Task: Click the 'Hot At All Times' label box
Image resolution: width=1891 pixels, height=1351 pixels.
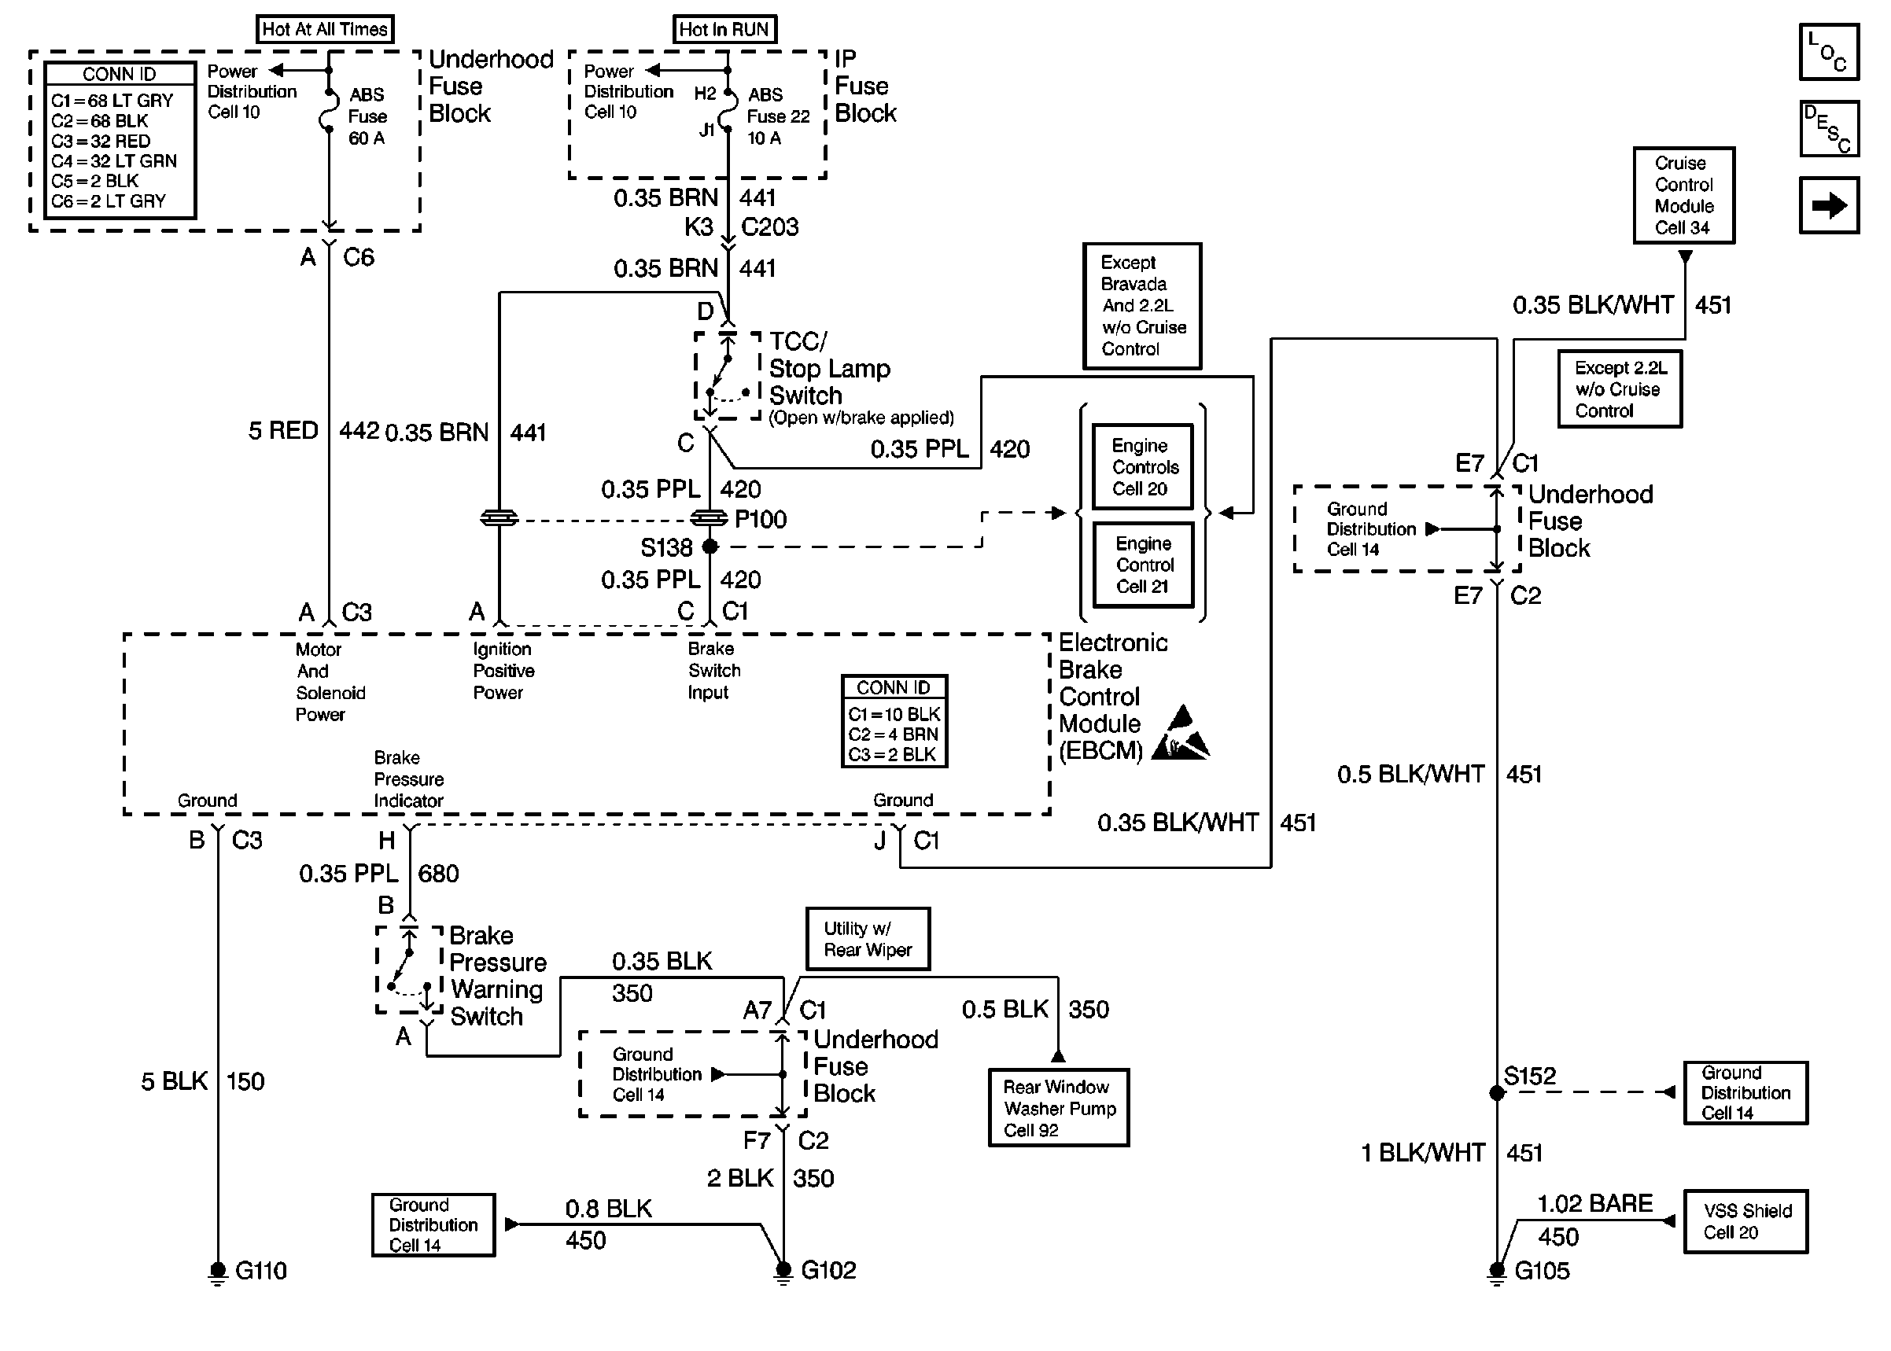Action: coord(324,29)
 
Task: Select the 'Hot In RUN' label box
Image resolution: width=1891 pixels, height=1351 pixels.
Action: coord(724,29)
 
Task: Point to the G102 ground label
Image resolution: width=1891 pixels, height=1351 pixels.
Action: coord(828,1270)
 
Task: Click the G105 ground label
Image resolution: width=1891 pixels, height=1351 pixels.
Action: coord(1542,1271)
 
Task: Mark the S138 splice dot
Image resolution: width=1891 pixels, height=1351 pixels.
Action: coord(710,547)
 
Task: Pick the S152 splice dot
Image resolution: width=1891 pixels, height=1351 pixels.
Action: coord(1497,1092)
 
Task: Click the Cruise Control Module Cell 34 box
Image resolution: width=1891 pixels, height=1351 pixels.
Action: coord(1683,196)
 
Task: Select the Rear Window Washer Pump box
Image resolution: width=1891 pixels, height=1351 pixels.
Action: coord(1058,1108)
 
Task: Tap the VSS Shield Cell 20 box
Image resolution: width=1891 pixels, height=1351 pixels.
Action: coord(1745,1221)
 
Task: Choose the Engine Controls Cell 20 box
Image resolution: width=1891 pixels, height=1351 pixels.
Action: coord(1142,466)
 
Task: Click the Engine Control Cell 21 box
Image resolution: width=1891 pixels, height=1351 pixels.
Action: coord(1142,565)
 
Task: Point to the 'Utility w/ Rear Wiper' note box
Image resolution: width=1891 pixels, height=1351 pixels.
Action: coord(868,939)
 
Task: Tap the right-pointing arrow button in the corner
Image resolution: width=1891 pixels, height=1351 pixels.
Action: coord(1829,204)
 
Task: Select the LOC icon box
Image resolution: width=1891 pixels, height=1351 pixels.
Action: coord(1829,53)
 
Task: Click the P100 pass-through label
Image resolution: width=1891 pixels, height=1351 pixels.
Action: coord(761,519)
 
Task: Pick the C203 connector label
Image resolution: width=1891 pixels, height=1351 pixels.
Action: coord(769,227)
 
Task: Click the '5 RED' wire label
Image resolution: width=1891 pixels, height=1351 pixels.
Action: coord(284,431)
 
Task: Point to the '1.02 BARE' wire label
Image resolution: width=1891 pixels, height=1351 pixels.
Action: coord(1594,1204)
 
